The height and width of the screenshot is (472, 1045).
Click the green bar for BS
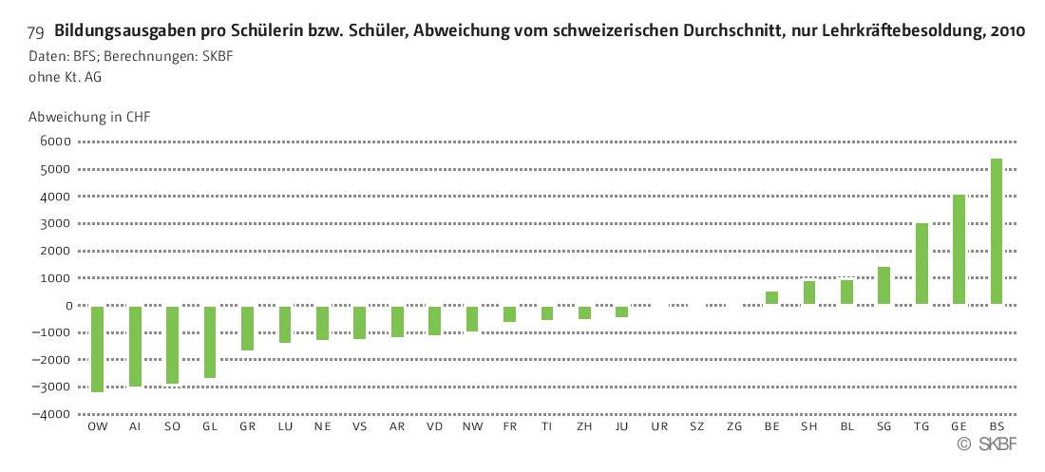pos(997,232)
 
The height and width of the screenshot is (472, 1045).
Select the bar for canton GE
pos(959,250)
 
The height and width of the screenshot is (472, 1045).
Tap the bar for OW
pos(97,349)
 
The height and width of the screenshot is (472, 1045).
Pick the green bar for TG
pos(921,264)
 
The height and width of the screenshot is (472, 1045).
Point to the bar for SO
pos(172,345)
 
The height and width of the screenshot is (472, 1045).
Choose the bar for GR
pos(247,328)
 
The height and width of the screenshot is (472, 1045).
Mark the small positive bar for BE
pos(771,298)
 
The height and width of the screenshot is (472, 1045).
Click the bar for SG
pos(883,286)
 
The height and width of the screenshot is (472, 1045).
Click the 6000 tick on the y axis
pos(56,142)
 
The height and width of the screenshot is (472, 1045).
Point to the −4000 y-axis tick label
pos(53,415)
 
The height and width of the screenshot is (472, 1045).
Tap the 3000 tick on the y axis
pos(56,224)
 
